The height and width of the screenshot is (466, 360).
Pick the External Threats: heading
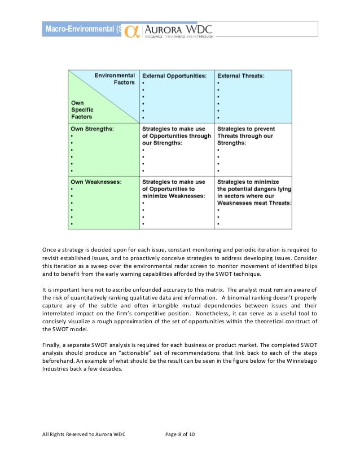click(242, 75)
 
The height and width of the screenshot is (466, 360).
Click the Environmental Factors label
click(115, 78)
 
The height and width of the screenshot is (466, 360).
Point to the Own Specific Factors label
click(82, 109)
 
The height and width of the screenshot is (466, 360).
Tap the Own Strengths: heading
click(92, 129)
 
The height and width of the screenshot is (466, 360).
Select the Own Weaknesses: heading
click(95, 182)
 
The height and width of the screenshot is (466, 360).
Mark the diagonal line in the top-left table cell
click(103, 96)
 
